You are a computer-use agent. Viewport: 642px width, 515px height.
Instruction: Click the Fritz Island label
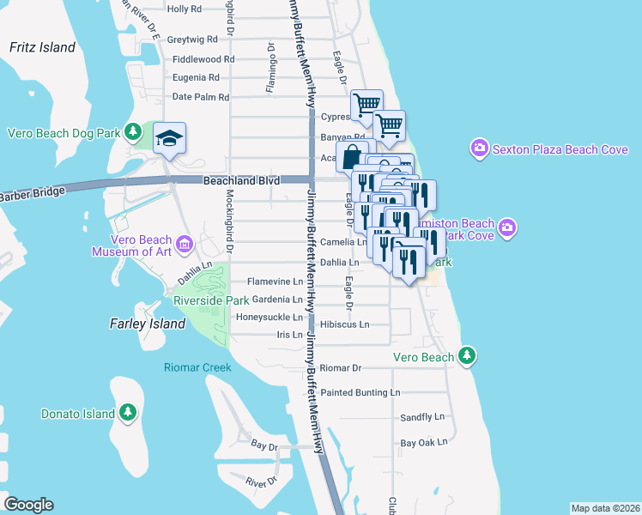(43, 48)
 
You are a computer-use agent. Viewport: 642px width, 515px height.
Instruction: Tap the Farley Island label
(148, 324)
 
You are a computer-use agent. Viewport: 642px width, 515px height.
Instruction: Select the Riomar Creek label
(198, 368)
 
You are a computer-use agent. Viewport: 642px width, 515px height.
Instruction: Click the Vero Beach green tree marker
(466, 354)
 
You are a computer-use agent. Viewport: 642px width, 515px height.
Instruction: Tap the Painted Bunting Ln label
(360, 392)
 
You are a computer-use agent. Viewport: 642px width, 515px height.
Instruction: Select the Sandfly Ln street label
(424, 417)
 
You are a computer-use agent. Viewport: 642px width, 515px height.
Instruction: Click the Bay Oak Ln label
(425, 443)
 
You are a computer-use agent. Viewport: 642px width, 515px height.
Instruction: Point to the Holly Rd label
(185, 9)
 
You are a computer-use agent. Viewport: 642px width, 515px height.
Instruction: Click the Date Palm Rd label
(201, 98)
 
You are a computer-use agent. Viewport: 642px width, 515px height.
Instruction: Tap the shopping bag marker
(352, 158)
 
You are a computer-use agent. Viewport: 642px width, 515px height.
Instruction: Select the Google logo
(28, 505)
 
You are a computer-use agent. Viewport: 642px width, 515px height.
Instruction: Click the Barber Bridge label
(32, 194)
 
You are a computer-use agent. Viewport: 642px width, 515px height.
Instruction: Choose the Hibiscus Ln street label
(344, 325)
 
